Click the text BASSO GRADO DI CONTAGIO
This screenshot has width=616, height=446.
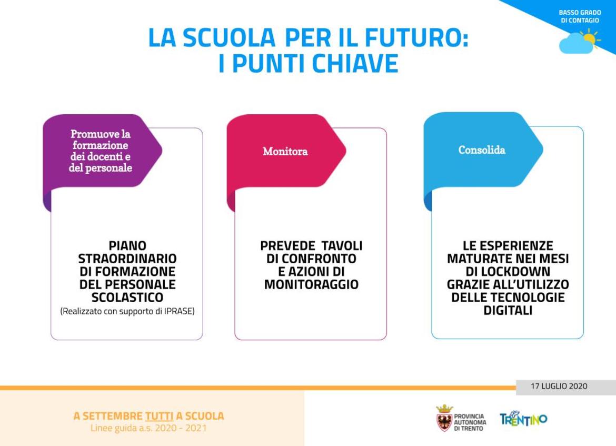click(580, 16)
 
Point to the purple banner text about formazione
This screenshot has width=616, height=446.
click(101, 151)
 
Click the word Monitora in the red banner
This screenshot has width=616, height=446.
click(285, 151)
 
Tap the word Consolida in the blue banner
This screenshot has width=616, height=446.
click(482, 150)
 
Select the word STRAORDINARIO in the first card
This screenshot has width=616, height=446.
click(127, 259)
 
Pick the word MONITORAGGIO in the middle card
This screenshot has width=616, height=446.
click(311, 284)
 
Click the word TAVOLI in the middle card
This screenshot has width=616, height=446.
click(342, 245)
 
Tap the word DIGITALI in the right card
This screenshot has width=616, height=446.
click(508, 311)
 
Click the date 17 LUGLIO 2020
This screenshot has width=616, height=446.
click(559, 386)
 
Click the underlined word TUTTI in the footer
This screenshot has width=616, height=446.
click(159, 416)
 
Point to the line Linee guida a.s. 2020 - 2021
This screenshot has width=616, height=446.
click(148, 428)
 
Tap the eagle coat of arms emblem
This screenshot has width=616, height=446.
click(444, 419)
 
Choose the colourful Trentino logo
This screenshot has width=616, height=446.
click(523, 419)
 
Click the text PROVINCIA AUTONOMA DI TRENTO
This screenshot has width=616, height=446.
click(470, 422)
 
